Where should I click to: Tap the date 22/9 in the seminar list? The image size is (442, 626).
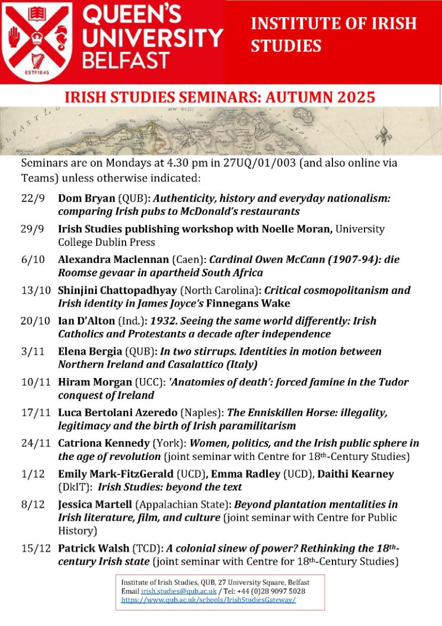click(x=32, y=199)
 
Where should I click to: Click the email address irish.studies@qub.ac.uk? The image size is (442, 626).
click(x=174, y=591)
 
